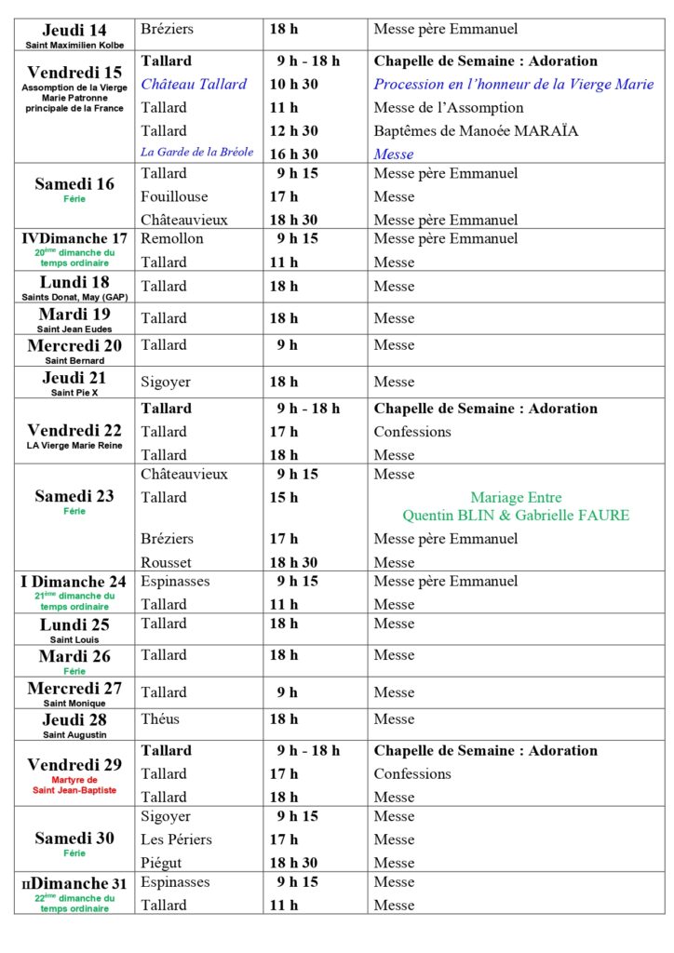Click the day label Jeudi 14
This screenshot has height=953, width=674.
click(x=74, y=30)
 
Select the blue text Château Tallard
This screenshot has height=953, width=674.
click(x=194, y=84)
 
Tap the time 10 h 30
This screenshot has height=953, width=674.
click(x=294, y=84)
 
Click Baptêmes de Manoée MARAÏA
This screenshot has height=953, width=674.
click(x=476, y=130)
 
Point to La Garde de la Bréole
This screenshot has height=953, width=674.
click(x=196, y=153)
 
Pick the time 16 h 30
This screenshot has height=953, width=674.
click(x=294, y=154)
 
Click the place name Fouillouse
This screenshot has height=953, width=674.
click(x=174, y=196)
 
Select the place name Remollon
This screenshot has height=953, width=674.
click(x=171, y=238)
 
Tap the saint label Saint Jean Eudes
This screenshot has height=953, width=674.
click(x=74, y=328)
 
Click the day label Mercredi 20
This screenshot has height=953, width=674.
click(x=74, y=346)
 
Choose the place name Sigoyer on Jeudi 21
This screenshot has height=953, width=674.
click(x=167, y=382)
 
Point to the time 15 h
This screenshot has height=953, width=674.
click(x=284, y=497)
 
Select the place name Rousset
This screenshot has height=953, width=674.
click(x=166, y=562)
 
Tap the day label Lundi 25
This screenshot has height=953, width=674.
click(x=74, y=624)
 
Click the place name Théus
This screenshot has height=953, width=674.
click(x=160, y=718)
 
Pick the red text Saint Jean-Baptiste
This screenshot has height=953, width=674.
click(x=74, y=790)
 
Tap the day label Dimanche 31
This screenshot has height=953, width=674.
click(x=80, y=883)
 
